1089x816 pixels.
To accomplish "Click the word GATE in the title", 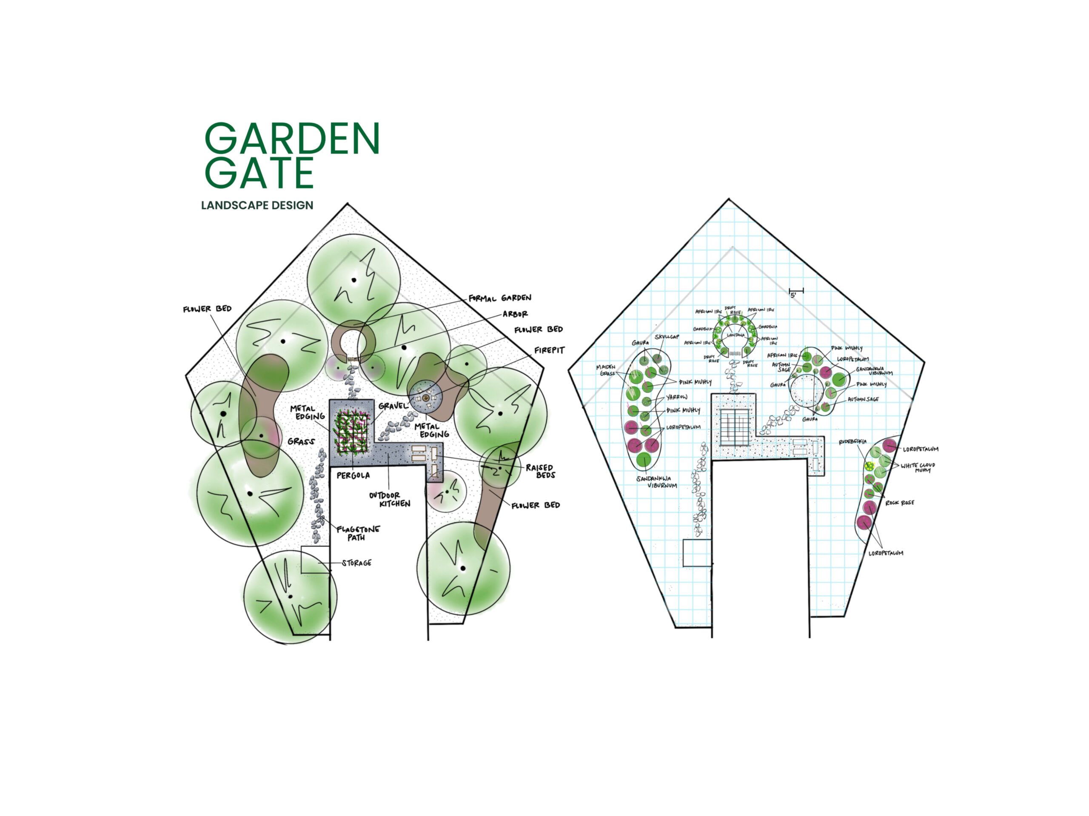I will (x=259, y=173).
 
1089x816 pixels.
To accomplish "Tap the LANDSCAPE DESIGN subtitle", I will (x=257, y=205).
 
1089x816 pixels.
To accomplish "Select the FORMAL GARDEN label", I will (x=500, y=298).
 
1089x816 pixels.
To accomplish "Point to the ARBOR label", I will (x=515, y=314).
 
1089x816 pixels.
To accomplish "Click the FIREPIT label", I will (x=550, y=350).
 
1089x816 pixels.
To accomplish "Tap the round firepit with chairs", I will (x=425, y=396).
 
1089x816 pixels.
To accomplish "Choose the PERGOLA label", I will (x=353, y=475).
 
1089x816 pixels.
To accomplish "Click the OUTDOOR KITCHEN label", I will (x=390, y=499).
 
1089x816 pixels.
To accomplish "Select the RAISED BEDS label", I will (x=540, y=471).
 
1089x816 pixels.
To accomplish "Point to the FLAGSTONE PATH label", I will (x=358, y=533).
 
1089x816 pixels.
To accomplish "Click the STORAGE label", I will (x=356, y=563).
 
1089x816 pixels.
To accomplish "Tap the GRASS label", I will (x=301, y=441).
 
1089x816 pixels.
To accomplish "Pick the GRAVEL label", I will (x=393, y=406).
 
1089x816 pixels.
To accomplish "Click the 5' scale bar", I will (x=796, y=291).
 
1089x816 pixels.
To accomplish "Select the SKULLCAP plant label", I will (x=667, y=337).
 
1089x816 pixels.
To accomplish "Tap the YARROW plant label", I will (x=676, y=397).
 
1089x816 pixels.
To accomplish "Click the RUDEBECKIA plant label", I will (x=852, y=442).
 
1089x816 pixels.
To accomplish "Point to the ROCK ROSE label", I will (x=899, y=503).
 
